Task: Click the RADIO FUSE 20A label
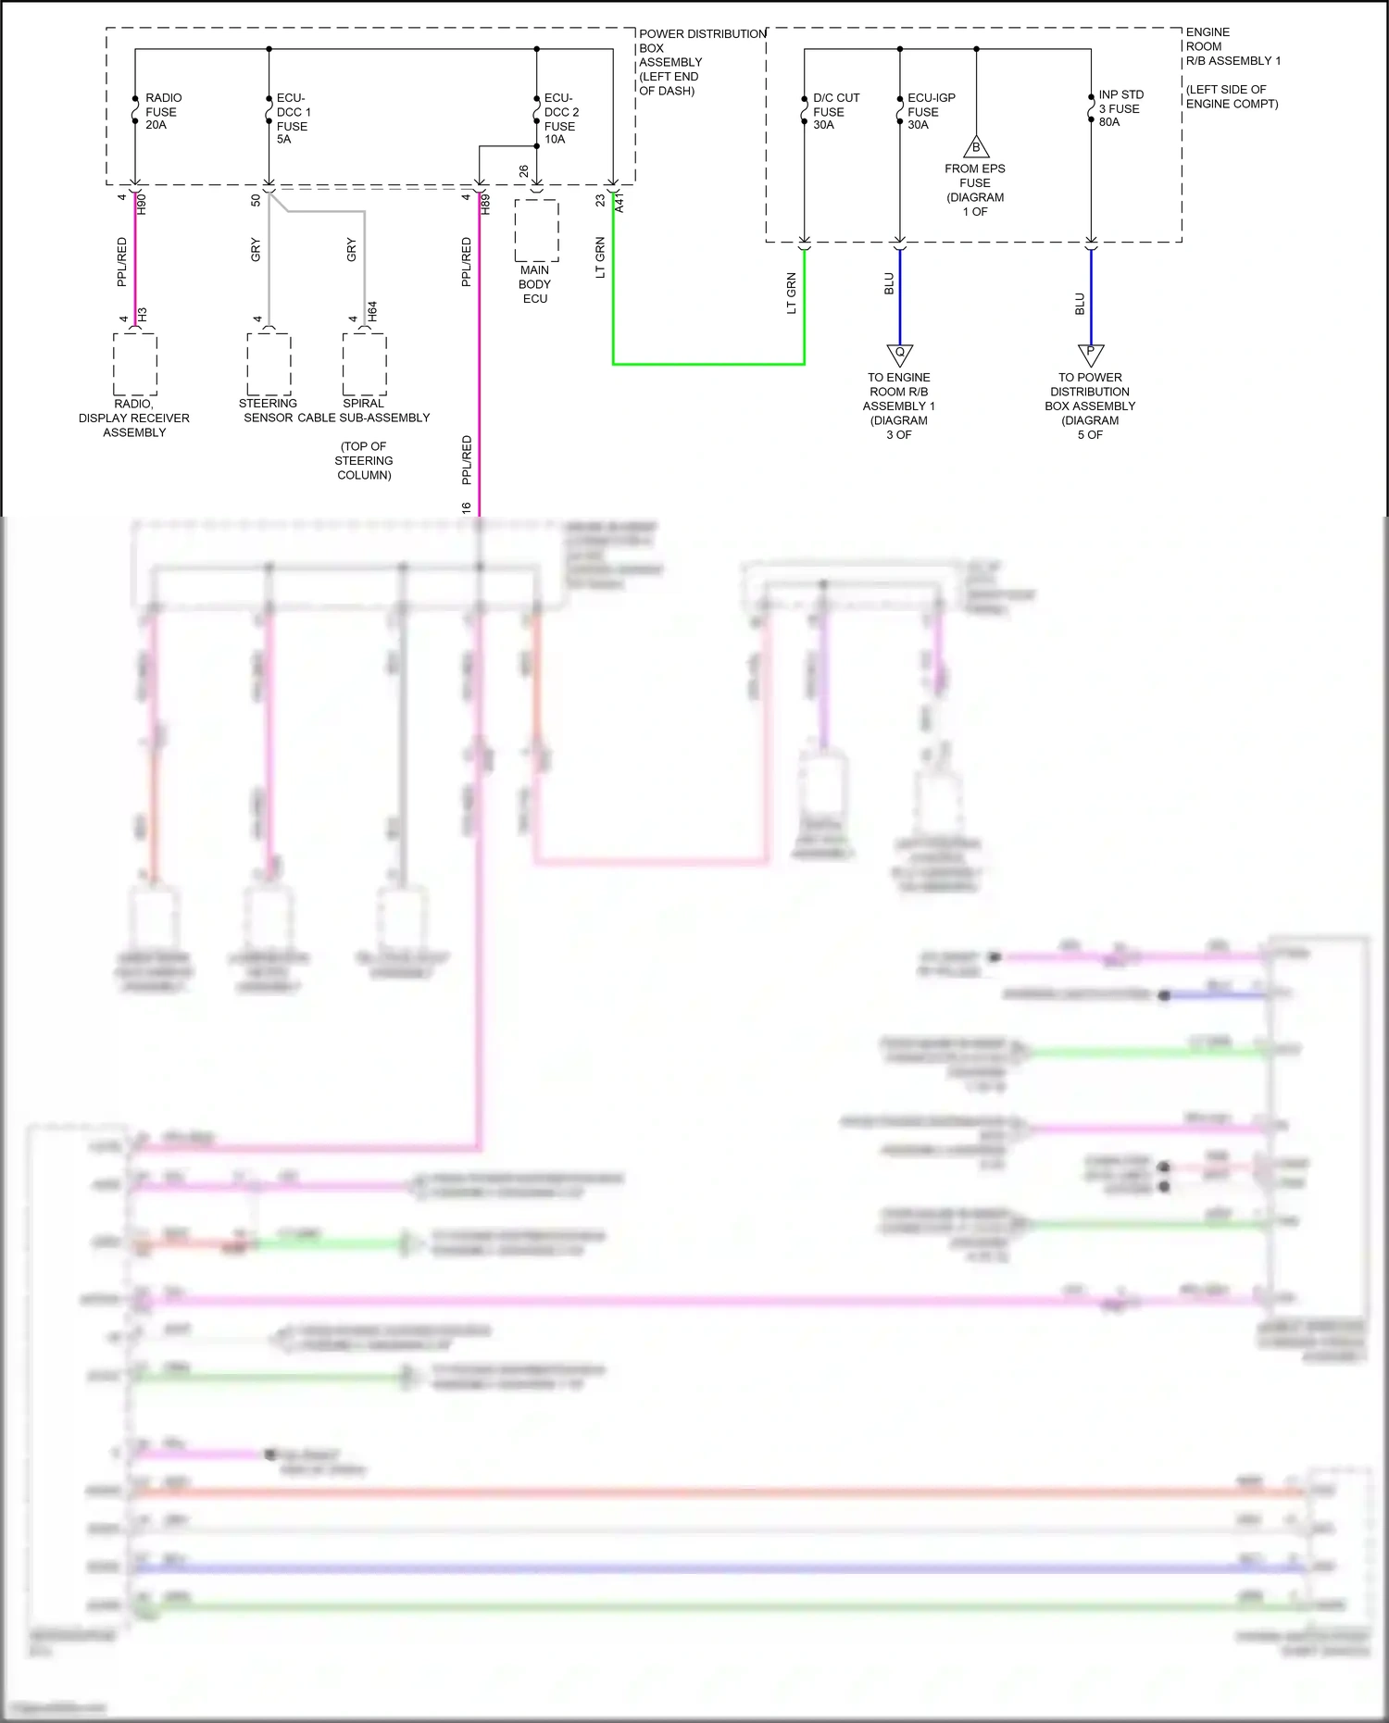coord(162,111)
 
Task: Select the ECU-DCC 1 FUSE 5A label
coord(293,119)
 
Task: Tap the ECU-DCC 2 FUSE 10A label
coord(560,119)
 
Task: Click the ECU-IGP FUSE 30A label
coord(930,111)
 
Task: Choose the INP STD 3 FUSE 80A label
coord(1120,108)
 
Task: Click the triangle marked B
coord(975,147)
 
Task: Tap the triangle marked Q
coord(899,354)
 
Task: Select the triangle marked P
coord(1090,354)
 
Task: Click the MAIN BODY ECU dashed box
coord(536,231)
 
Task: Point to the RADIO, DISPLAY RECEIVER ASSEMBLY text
coord(134,418)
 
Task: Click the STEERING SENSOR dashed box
coord(269,364)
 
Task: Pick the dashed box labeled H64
coord(364,364)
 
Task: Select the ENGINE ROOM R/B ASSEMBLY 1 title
coord(1232,46)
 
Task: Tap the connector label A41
coord(619,203)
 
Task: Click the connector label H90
coord(142,204)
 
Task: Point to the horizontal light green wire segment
coord(708,364)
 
